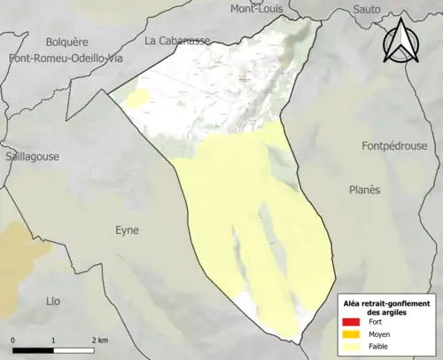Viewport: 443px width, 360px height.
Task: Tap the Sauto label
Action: click(366, 9)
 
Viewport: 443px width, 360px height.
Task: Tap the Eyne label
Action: click(127, 230)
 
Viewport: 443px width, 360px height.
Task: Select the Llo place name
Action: click(53, 301)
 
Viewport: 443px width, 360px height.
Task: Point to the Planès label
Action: click(363, 190)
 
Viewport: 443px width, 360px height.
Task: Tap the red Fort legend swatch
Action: click(352, 322)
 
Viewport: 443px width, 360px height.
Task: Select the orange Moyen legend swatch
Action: click(352, 334)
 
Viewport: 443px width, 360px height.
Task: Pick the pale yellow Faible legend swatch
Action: click(352, 347)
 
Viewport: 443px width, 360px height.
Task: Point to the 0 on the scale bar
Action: click(14, 340)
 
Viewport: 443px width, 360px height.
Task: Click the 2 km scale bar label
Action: click(98, 340)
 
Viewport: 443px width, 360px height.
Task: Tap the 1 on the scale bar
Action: click(54, 340)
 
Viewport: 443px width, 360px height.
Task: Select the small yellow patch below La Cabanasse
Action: click(137, 98)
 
